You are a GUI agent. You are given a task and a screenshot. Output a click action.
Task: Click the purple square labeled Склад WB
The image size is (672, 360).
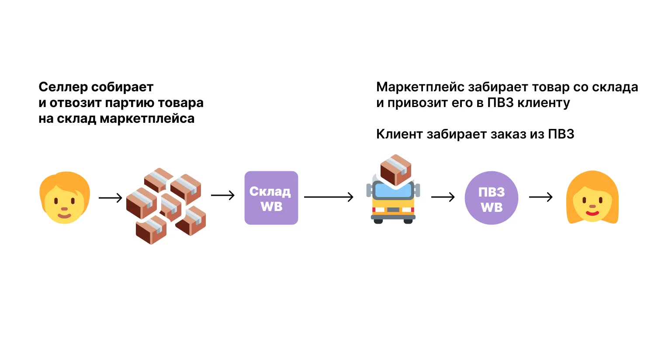[x=271, y=198]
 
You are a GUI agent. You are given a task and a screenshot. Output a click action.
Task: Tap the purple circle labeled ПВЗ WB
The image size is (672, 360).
[x=491, y=198]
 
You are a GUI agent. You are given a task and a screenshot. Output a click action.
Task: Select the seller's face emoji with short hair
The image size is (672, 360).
[x=65, y=198]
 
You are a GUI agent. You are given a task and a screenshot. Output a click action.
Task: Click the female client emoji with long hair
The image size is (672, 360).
[x=592, y=198]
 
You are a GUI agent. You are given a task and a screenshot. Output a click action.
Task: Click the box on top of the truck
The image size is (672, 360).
[x=395, y=169]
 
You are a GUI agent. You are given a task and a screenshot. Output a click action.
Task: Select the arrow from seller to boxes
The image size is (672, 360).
[x=110, y=198]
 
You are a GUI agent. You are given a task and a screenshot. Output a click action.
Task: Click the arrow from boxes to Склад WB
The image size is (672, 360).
[x=222, y=195]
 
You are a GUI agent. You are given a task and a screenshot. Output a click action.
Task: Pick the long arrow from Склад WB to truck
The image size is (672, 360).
[x=328, y=197]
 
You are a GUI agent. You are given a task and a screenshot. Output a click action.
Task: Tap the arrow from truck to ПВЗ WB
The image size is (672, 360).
[x=443, y=197]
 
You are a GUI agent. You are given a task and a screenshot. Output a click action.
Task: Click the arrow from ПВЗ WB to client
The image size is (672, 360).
[x=540, y=197]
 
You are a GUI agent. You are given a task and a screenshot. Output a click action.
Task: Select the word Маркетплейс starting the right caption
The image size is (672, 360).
[x=420, y=87]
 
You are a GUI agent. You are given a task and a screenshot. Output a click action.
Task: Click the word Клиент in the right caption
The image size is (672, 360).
[x=399, y=134]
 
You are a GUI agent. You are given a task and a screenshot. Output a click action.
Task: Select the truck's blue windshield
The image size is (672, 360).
[x=393, y=190]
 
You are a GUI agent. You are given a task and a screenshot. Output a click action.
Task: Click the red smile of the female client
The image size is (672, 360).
[x=592, y=213]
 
